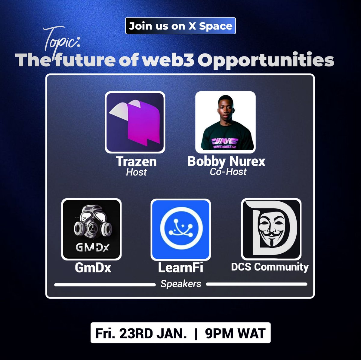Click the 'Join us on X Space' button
pyautogui.click(x=180, y=26)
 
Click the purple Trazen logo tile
pyautogui.click(x=135, y=122)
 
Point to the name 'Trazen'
pyautogui.click(x=136, y=162)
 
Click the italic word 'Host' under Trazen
pyautogui.click(x=136, y=172)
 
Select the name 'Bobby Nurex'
pyautogui.click(x=226, y=161)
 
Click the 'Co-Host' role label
pyautogui.click(x=228, y=172)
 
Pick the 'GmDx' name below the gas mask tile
pyautogui.click(x=93, y=267)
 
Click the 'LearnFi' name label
pyautogui.click(x=180, y=267)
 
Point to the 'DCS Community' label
pyautogui.click(x=270, y=267)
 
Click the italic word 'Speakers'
pyautogui.click(x=181, y=284)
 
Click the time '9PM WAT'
pyautogui.click(x=235, y=333)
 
